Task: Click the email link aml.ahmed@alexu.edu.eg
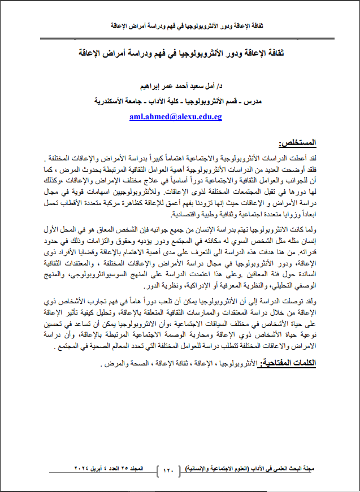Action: point(175,117)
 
